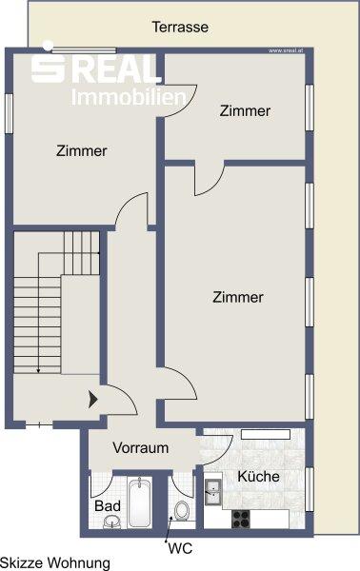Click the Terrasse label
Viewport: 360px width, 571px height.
click(180, 28)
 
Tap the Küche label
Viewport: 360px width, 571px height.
click(257, 477)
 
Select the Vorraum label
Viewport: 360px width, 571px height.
click(140, 448)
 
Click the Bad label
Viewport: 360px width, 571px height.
click(108, 505)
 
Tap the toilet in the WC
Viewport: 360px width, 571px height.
click(183, 512)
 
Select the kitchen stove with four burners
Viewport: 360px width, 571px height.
click(241, 520)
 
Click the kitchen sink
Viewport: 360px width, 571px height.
click(213, 492)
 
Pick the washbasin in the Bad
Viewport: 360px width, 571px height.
click(111, 522)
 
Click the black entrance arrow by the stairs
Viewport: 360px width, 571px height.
click(93, 401)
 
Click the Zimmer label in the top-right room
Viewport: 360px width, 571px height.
click(245, 111)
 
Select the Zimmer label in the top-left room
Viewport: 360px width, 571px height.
click(81, 150)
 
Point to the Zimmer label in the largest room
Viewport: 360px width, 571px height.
click(237, 297)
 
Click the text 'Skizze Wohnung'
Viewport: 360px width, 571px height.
click(55, 562)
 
